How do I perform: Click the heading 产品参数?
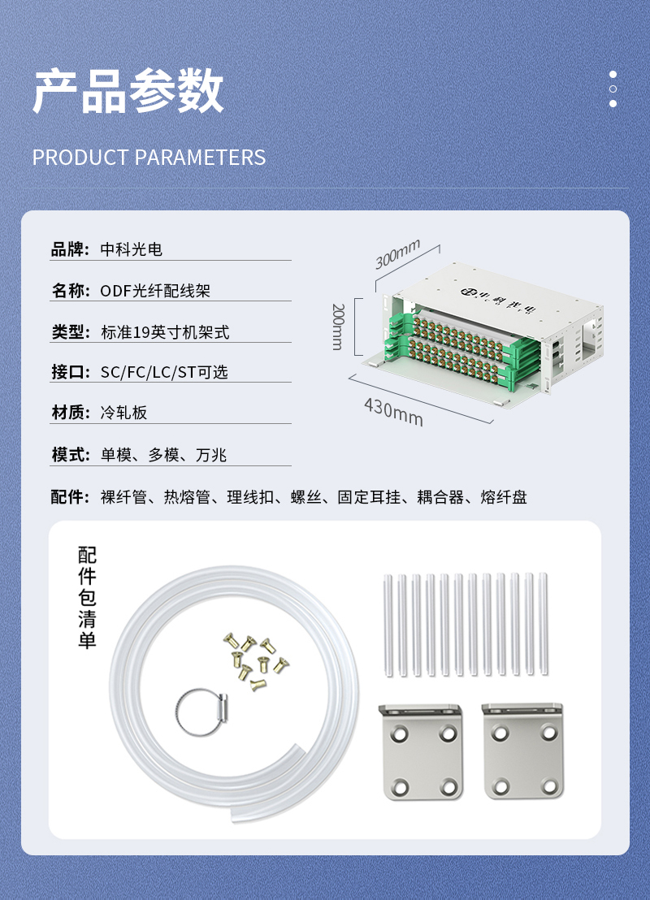coord(128,91)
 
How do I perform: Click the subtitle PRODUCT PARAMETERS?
coord(149,158)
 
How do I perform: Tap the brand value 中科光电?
coord(132,249)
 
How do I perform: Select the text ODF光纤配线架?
coord(155,291)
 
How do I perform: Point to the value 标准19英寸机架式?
coord(165,331)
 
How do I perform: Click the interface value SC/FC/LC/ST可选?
coord(164,372)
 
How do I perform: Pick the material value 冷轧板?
coord(123,412)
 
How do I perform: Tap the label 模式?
coord(71,455)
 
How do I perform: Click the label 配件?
coord(71,496)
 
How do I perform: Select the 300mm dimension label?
coord(397,253)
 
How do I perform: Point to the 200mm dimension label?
coord(338,327)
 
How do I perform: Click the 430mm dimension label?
coord(394,412)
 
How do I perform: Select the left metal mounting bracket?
coord(422,751)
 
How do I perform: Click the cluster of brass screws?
coord(255,661)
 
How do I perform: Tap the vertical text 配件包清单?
coord(87,598)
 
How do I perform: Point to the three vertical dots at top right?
coord(613,89)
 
